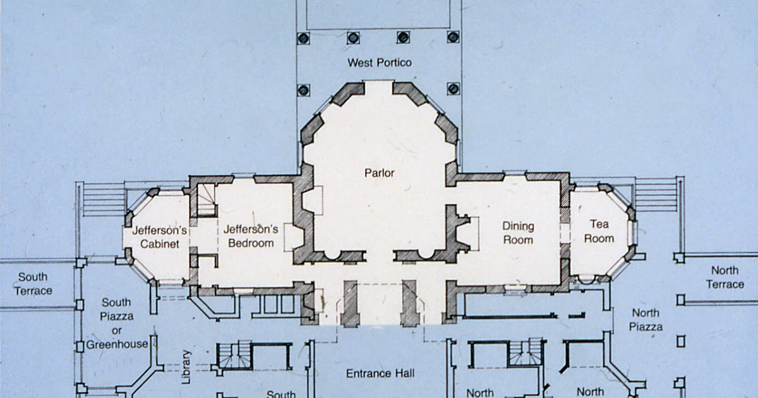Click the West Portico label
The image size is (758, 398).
[x=379, y=63]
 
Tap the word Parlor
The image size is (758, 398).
[x=379, y=172]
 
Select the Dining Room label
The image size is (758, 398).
[x=518, y=232]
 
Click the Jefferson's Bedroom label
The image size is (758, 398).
[x=251, y=236]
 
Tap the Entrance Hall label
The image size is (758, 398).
[x=380, y=374]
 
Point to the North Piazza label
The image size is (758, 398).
[x=646, y=320]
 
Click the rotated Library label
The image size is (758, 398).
[x=186, y=367]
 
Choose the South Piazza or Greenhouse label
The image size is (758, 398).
[x=117, y=323]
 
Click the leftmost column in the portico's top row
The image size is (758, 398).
[x=303, y=37]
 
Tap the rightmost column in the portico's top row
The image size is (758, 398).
[x=453, y=37]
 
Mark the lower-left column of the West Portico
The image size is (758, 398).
[x=303, y=89]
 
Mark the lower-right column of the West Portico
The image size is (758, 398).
[x=453, y=89]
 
